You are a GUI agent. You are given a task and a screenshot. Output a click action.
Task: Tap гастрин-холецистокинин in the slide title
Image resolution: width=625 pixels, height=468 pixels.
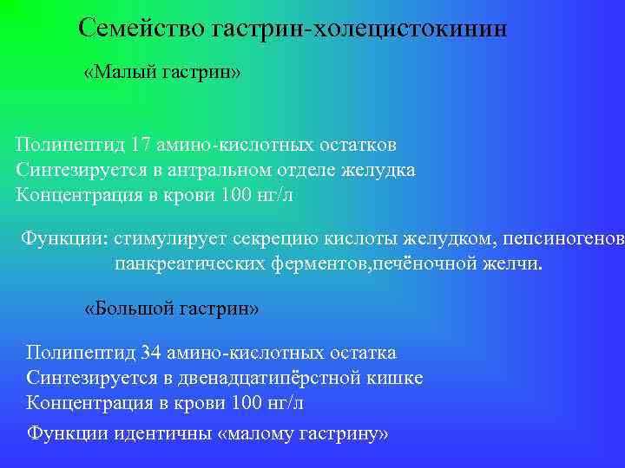pos(357,28)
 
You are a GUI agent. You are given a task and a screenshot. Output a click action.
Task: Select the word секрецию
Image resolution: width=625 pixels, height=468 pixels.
pos(258,237)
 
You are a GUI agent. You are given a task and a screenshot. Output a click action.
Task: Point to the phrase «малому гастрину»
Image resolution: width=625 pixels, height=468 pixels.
pos(306,432)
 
